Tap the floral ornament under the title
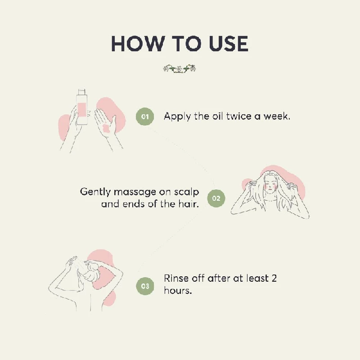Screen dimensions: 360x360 pos(180,69)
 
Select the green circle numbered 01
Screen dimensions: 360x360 pos(145,117)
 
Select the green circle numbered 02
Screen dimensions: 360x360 pos(216,198)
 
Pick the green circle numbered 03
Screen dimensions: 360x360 pos(145,286)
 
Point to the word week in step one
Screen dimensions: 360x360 pos(277,117)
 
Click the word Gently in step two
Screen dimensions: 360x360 pos(95,192)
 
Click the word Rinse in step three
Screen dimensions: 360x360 pos(176,278)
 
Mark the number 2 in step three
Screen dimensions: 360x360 pos(274,278)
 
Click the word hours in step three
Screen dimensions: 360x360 pos(178,290)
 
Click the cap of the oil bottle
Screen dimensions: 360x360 pos(82,92)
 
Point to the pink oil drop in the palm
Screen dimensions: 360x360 pos(106,128)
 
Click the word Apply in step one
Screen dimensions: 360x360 pos(177,117)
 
